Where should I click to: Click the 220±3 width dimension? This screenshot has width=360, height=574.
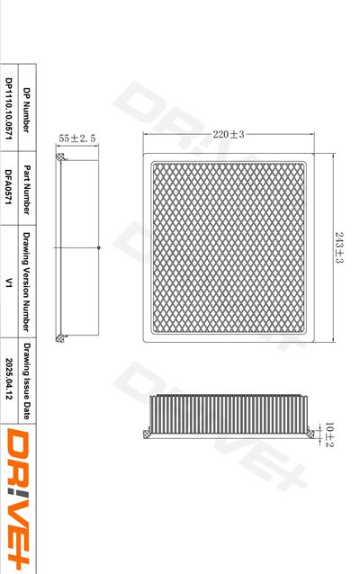(x=229, y=134)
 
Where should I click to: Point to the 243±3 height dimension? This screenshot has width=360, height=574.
(x=339, y=247)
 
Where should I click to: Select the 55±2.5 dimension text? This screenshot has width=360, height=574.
(x=76, y=139)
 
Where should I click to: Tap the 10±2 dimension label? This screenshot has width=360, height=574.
(x=329, y=435)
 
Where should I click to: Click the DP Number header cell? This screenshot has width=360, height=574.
(x=26, y=110)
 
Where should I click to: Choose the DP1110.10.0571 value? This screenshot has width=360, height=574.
(x=8, y=109)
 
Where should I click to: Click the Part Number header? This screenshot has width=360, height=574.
(x=26, y=190)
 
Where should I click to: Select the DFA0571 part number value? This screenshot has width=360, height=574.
(x=8, y=187)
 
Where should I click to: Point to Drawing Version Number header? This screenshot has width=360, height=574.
(x=26, y=282)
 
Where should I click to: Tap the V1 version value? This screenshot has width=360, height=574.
(x=8, y=283)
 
